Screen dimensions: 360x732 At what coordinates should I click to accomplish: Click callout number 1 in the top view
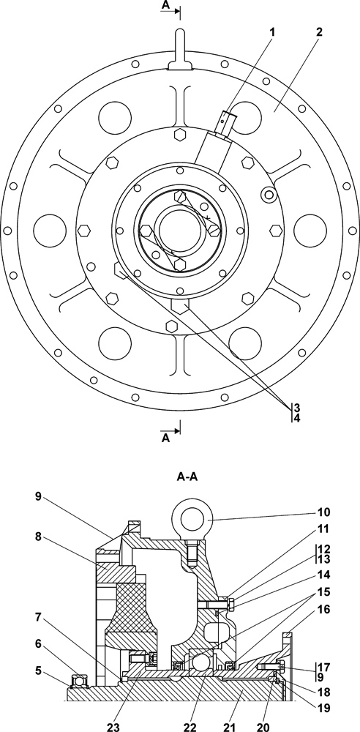coord(272,32)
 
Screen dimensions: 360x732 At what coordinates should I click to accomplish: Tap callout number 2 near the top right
coord(319,32)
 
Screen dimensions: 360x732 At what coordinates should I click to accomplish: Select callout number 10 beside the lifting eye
coord(324,512)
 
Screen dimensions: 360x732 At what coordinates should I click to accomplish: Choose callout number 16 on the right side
coord(324,609)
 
